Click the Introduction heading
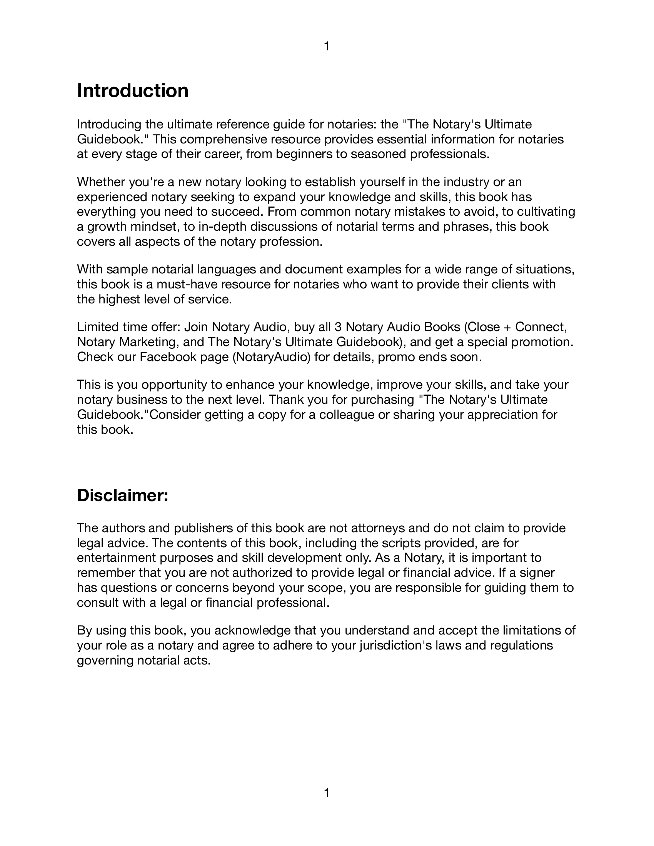(x=132, y=91)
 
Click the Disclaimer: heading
(x=122, y=495)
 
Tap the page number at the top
(x=327, y=47)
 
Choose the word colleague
(x=349, y=415)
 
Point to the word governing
(x=105, y=660)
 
